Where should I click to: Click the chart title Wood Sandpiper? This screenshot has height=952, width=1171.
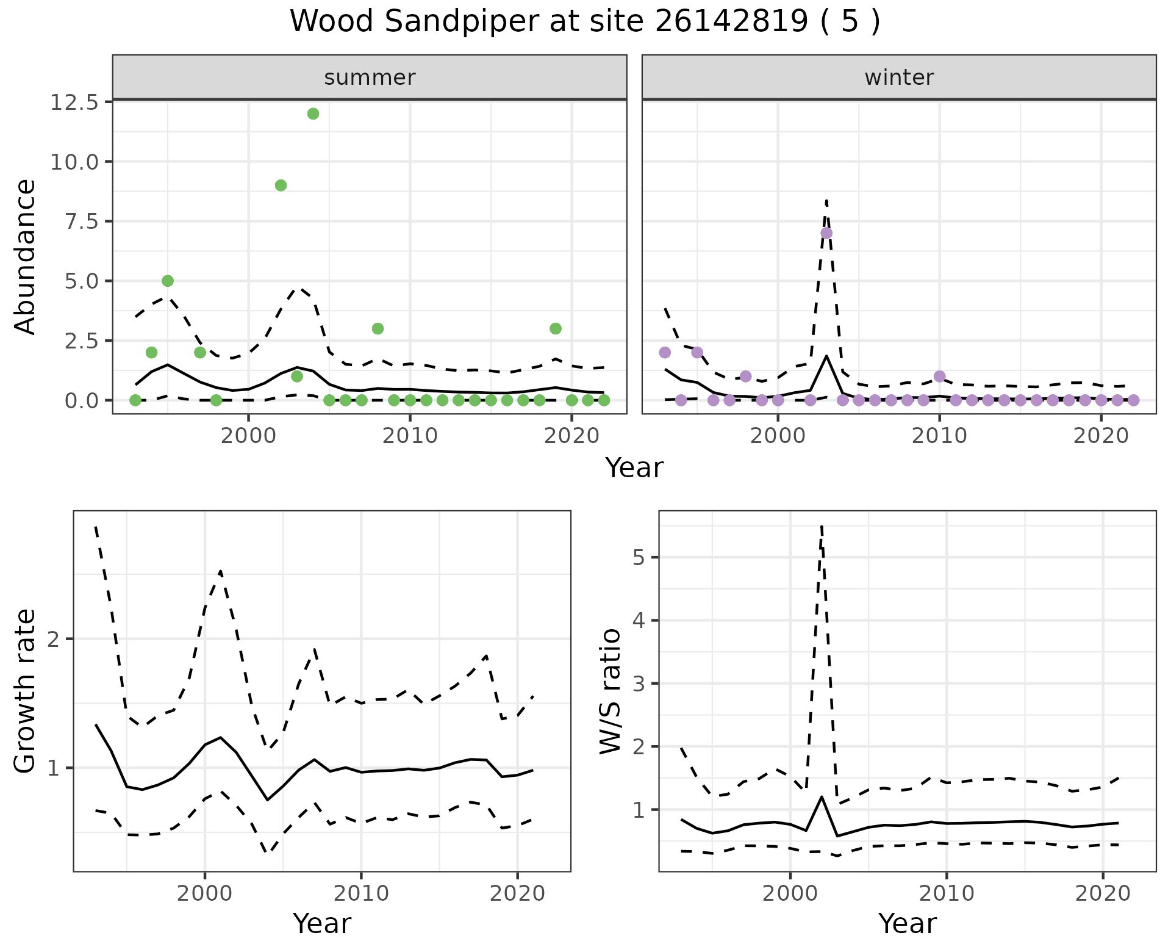pos(584,22)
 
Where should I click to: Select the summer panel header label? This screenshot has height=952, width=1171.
pos(370,78)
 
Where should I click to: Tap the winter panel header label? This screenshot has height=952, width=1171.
pos(899,78)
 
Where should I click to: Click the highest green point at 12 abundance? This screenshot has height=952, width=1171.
pos(313,114)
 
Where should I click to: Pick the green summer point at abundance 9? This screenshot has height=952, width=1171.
pos(281,186)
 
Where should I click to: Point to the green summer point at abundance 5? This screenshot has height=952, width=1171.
pos(168,281)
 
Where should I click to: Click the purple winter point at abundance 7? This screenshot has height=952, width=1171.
pos(826,233)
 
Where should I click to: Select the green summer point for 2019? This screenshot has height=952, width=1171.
pos(556,328)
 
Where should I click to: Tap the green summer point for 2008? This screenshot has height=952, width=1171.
pos(378,328)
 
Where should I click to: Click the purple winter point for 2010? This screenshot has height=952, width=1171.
pos(940,376)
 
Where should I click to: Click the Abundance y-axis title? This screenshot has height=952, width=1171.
pos(26,257)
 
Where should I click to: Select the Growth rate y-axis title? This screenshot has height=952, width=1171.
pos(26,691)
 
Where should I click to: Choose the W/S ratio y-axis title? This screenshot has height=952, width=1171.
pos(610,691)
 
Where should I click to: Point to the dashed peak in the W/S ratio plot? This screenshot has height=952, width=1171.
pos(822,525)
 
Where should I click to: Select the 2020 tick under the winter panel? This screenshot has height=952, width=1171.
pos(1101,436)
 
